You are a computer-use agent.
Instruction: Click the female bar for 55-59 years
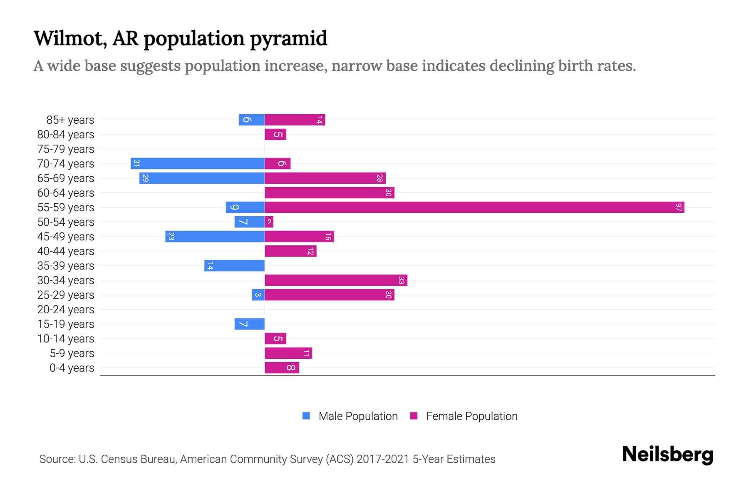tap(474, 207)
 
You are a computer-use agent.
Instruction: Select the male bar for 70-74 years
tap(198, 163)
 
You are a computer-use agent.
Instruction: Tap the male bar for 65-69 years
tap(202, 178)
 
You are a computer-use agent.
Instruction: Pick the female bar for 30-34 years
tap(336, 280)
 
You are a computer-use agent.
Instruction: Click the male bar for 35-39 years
tap(234, 265)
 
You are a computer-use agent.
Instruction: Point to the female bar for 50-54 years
tap(269, 222)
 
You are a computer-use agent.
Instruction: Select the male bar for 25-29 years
tap(258, 295)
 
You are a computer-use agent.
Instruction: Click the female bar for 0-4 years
tap(282, 367)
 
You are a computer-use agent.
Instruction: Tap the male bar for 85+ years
tap(251, 120)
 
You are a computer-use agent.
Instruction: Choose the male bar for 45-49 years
tap(215, 236)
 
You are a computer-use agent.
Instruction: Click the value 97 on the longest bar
tap(679, 207)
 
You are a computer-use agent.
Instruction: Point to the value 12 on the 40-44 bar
tap(310, 251)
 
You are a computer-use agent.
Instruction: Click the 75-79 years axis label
tap(66, 149)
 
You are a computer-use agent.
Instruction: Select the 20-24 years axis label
tap(66, 310)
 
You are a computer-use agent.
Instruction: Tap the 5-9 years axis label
tap(72, 353)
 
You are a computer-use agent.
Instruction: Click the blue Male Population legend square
tap(306, 416)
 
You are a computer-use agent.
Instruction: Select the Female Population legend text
tap(471, 416)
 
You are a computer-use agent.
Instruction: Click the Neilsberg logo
tap(667, 455)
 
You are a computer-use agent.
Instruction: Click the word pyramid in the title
tap(288, 38)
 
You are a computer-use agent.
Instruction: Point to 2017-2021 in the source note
tap(382, 459)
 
